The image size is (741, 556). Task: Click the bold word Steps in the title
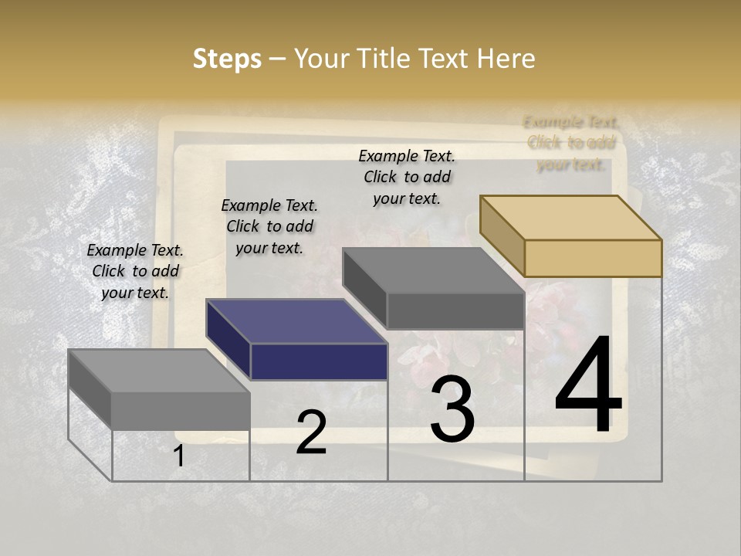[x=227, y=59]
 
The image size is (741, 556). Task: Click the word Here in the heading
[x=506, y=59]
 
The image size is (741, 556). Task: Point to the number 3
[x=452, y=409]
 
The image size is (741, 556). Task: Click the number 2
[x=311, y=432]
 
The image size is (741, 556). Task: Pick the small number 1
[x=179, y=456]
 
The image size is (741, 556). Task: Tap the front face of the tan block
[x=593, y=258]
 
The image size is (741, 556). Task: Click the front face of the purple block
[x=319, y=361]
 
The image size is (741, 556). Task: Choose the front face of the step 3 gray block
[x=455, y=310]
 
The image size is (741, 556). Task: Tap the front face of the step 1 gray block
[x=181, y=411]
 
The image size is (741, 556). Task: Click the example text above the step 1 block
[x=135, y=272]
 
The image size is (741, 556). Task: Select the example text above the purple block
[x=269, y=226]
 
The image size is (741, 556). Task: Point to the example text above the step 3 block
[x=407, y=177]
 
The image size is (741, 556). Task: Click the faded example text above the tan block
[x=571, y=143]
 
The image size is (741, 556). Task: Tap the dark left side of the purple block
[x=228, y=341]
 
